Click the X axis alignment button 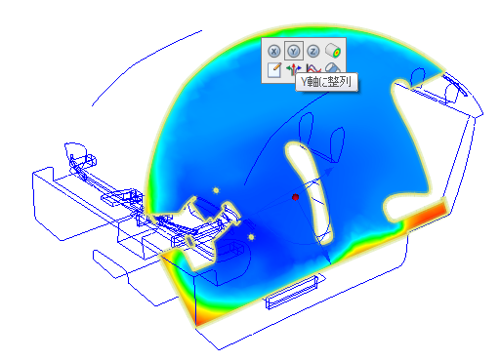coord(274,51)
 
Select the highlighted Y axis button coord(294,51)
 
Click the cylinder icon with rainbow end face coord(333,51)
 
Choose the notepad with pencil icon coord(274,70)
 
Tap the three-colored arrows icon coord(293,69)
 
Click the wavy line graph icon coord(313,68)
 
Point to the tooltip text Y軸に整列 coord(326,82)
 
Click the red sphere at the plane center coord(296,197)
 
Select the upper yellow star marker coord(216,190)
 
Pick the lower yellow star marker coord(251,237)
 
